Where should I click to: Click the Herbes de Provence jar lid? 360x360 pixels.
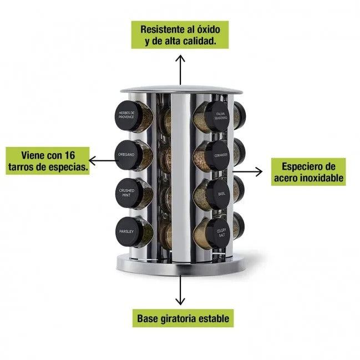tap(127, 116)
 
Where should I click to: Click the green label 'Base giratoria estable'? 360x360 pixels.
tap(184, 319)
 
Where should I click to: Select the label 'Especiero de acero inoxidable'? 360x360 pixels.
tap(308, 172)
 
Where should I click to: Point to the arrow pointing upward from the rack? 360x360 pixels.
tap(180, 69)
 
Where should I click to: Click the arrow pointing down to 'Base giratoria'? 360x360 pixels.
tap(180, 290)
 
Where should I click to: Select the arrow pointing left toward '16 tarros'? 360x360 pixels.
tap(102, 161)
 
